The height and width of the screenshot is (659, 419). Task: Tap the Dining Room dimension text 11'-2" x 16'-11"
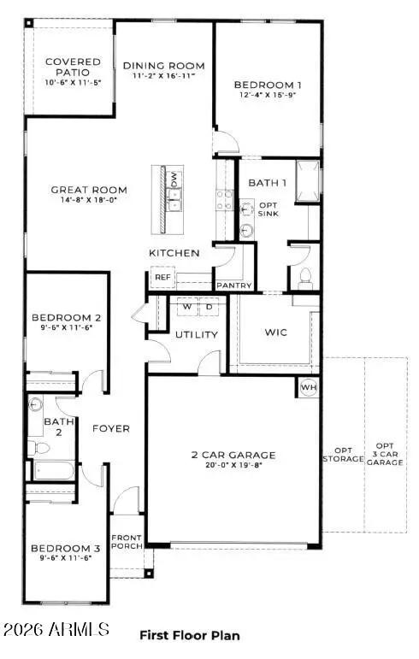(x=164, y=76)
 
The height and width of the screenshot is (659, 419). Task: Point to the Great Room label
(x=89, y=190)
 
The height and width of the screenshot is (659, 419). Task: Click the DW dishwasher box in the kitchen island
(x=174, y=179)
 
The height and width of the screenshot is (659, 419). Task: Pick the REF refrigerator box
(x=162, y=278)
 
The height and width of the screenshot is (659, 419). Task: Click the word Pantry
(x=233, y=285)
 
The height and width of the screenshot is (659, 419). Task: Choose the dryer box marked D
(x=209, y=307)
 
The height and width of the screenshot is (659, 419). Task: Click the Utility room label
(x=197, y=334)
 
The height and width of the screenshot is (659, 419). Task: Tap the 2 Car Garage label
(x=233, y=455)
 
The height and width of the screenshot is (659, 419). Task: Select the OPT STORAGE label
(x=343, y=454)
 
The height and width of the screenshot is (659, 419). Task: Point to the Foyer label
(x=111, y=428)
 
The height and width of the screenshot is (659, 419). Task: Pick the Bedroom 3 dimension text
(x=61, y=558)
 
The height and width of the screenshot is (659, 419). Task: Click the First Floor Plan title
(x=189, y=635)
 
